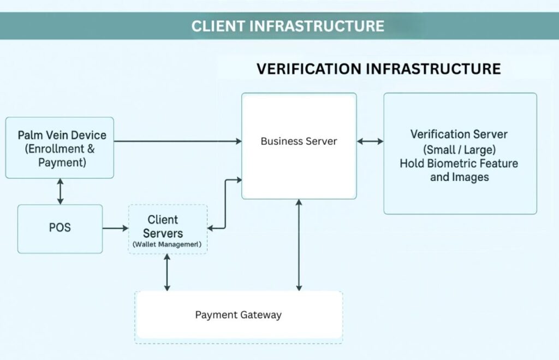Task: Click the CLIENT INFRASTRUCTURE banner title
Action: pyautogui.click(x=288, y=26)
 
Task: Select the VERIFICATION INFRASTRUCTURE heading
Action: pyautogui.click(x=378, y=69)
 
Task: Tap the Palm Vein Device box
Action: pyautogui.click(x=60, y=147)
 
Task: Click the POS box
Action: pyautogui.click(x=60, y=228)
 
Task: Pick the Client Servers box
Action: pyautogui.click(x=167, y=228)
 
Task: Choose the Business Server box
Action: pyautogui.click(x=299, y=145)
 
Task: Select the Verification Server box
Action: pyautogui.click(x=460, y=153)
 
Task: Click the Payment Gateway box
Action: pyautogui.click(x=239, y=315)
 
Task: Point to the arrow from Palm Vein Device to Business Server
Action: pyautogui.click(x=177, y=141)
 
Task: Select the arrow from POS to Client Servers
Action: pyautogui.click(x=115, y=227)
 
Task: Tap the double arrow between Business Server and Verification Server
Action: pyautogui.click(x=370, y=141)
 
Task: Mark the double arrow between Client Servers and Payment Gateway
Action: pyautogui.click(x=167, y=272)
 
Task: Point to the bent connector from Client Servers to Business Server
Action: pyautogui.click(x=225, y=202)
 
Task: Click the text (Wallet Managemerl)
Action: pyautogui.click(x=167, y=245)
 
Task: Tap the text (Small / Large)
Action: pyautogui.click(x=459, y=149)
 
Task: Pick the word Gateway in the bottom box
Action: pyautogui.click(x=263, y=315)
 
